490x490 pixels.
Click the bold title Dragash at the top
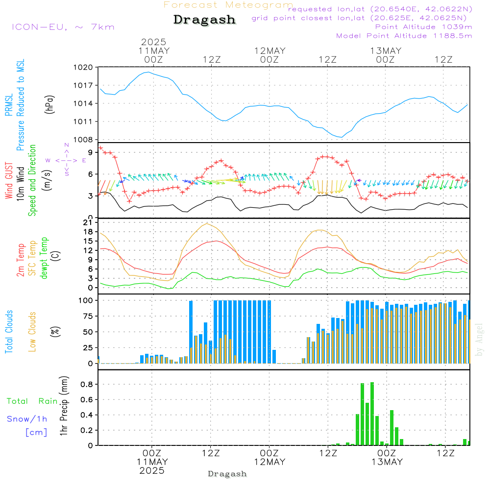click(x=204, y=20)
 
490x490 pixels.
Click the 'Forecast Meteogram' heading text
click(x=228, y=5)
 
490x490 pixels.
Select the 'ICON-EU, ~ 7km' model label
click(x=63, y=27)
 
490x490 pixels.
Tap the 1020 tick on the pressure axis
click(x=83, y=67)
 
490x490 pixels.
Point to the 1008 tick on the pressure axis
click(x=83, y=140)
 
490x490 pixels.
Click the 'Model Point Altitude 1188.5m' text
click(x=404, y=36)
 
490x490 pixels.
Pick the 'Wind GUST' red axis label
click(x=9, y=180)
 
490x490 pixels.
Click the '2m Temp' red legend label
click(x=20, y=260)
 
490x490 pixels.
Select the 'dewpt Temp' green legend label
click(x=44, y=258)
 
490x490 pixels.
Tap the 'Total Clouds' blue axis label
click(x=9, y=332)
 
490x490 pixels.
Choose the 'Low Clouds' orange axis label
click(x=32, y=332)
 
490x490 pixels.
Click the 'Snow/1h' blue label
click(x=27, y=419)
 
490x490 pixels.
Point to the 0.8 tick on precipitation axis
click(x=87, y=384)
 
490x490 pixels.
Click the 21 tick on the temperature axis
click(x=88, y=222)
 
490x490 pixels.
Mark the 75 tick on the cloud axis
click(x=88, y=316)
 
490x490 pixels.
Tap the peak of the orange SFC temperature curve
click(x=207, y=223)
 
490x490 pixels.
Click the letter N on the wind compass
click(x=67, y=145)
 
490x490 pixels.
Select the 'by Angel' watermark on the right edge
click(x=479, y=340)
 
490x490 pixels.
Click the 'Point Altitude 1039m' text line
click(x=423, y=27)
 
